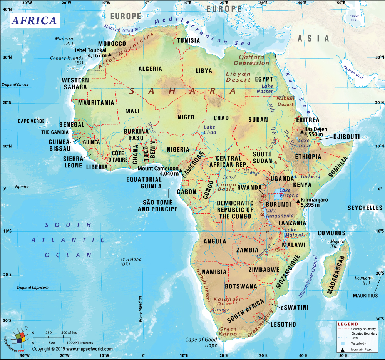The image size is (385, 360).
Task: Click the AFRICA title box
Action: point(34,20)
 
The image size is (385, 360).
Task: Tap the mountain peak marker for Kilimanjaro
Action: point(298,201)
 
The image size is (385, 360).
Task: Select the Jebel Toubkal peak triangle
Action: point(109,54)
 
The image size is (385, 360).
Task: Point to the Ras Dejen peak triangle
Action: point(302,131)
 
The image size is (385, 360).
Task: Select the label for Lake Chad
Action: point(210,130)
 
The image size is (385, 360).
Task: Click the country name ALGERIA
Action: point(150,69)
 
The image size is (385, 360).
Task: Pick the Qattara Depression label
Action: point(252,60)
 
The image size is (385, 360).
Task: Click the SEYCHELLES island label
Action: point(365,208)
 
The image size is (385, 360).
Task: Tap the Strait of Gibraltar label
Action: point(117,28)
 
